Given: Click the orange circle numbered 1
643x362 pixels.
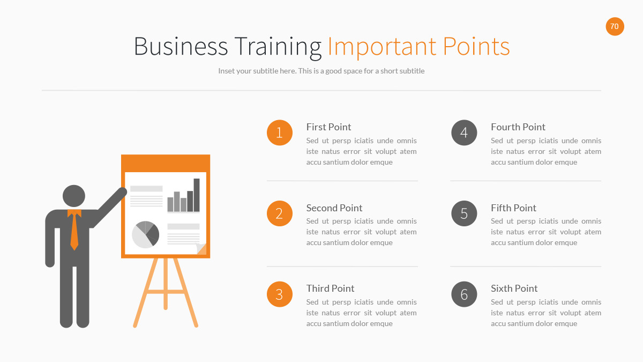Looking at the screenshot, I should (279, 132).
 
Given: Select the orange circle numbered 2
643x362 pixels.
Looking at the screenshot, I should (279, 213).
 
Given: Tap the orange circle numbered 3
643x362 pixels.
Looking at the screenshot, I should (279, 294).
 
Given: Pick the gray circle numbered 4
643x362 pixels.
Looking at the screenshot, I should (464, 132).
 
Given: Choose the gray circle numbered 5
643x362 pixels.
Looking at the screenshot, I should (464, 213).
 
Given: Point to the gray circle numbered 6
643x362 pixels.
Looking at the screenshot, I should (464, 294).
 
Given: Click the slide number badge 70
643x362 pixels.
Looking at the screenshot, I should (615, 26).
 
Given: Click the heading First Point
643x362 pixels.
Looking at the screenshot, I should (328, 127).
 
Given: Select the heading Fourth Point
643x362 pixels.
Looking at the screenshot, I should (518, 127).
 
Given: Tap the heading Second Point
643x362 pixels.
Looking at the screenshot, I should (334, 208).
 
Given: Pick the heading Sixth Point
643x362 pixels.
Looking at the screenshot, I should (514, 289).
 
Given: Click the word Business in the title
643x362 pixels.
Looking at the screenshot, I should (181, 47).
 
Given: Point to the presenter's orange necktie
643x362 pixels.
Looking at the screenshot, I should (74, 231).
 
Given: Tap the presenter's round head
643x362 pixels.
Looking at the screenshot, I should (74, 196).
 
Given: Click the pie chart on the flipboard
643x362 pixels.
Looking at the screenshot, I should (145, 234).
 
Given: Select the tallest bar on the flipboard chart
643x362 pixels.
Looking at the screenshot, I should (197, 195).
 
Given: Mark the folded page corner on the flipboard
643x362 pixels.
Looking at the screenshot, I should (201, 249).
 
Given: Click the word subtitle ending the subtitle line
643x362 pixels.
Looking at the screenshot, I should (410, 71).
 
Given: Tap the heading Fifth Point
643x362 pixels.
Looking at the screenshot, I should (513, 208).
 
